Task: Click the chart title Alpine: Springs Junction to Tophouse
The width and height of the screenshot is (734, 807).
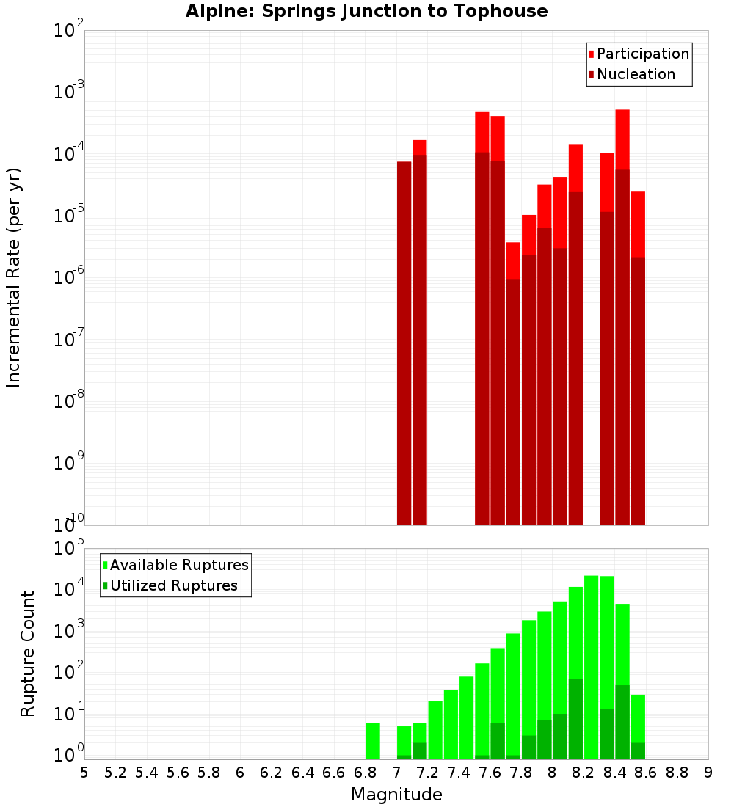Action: pyautogui.click(x=366, y=11)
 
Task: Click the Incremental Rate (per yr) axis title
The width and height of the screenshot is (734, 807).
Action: pyautogui.click(x=14, y=277)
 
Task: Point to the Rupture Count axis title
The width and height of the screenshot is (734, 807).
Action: pyautogui.click(x=28, y=654)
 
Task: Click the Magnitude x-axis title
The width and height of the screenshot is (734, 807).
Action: pyautogui.click(x=396, y=795)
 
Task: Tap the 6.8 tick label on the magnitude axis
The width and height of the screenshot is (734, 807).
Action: pyautogui.click(x=365, y=773)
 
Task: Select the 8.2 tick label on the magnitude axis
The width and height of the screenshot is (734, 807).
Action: pyautogui.click(x=584, y=773)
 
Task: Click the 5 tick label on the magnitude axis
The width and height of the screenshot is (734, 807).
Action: pyautogui.click(x=84, y=773)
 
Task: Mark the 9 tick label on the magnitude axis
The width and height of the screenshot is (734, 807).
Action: pyautogui.click(x=708, y=773)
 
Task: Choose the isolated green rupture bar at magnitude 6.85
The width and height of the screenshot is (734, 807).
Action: pyautogui.click(x=373, y=741)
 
